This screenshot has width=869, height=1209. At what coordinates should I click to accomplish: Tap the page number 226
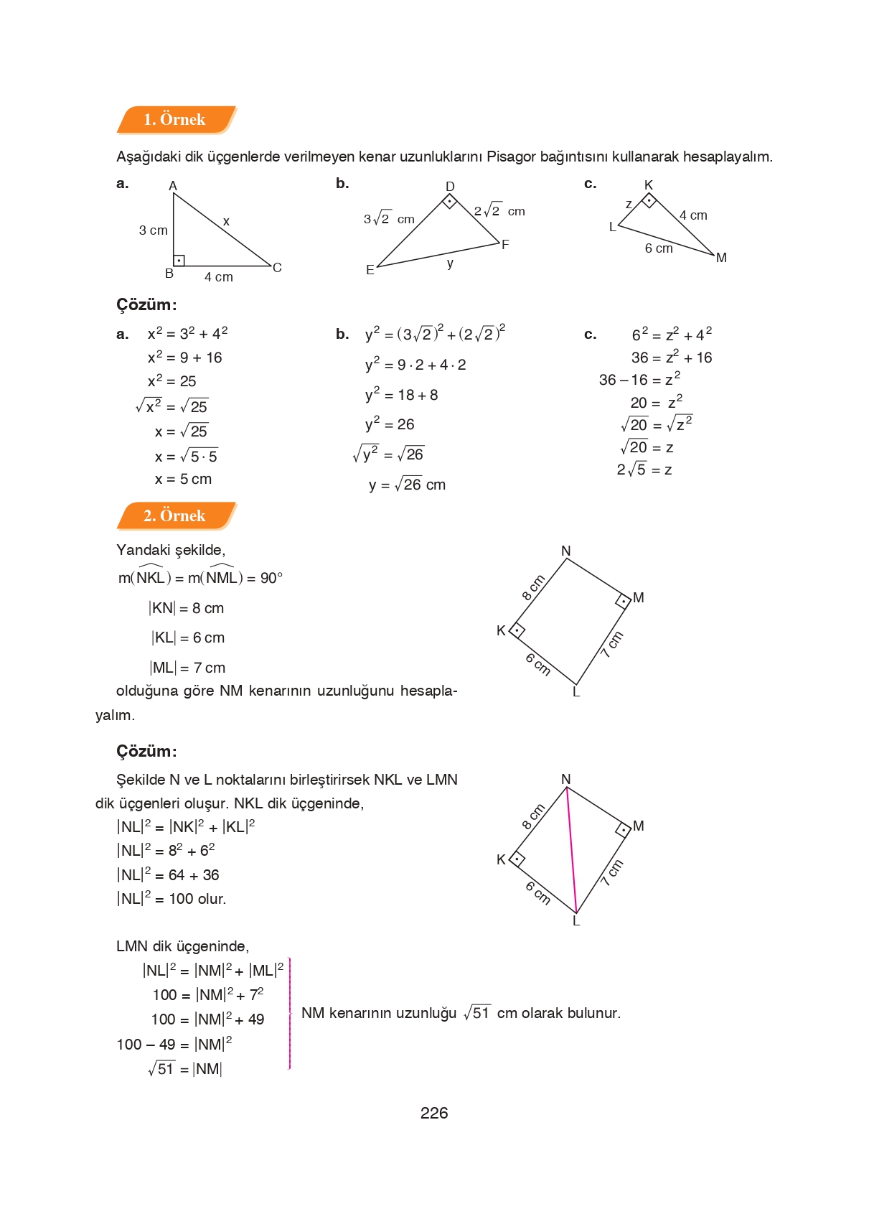[434, 1113]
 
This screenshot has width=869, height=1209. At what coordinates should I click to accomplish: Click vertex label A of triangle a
[173, 186]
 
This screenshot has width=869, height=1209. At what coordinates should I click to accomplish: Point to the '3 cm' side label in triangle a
[153, 230]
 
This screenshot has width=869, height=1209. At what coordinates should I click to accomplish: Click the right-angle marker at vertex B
[179, 260]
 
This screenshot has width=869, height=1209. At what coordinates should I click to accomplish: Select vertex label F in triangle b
[505, 245]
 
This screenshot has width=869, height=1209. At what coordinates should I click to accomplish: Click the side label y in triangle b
[450, 263]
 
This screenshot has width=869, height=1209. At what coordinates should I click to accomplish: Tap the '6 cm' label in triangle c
[659, 248]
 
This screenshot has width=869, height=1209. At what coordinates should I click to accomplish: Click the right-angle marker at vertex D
[450, 201]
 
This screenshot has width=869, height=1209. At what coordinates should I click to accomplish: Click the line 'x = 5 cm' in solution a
[183, 479]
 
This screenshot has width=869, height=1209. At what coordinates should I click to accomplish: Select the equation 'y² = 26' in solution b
[390, 424]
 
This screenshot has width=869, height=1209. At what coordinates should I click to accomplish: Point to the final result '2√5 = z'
[644, 470]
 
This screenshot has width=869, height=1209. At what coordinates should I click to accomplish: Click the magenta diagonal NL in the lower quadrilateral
[572, 851]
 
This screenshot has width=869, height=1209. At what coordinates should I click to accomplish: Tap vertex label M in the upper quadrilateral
[639, 597]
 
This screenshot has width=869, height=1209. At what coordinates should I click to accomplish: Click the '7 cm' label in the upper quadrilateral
[612, 644]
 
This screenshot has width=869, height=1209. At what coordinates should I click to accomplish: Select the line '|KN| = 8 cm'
[187, 608]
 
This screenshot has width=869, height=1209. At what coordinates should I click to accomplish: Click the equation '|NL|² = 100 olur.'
[172, 898]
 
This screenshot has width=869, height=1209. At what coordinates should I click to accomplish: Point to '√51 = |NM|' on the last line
[185, 1069]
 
